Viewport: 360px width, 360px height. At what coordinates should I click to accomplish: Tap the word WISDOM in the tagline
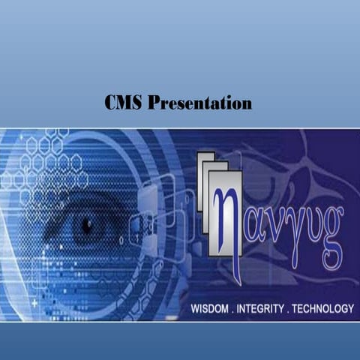click(x=212, y=308)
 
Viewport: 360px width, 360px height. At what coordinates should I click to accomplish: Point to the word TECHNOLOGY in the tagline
click(x=322, y=308)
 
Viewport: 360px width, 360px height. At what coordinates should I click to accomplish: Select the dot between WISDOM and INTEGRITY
click(x=236, y=310)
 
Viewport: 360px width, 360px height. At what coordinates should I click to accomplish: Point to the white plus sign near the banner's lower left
click(x=34, y=304)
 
